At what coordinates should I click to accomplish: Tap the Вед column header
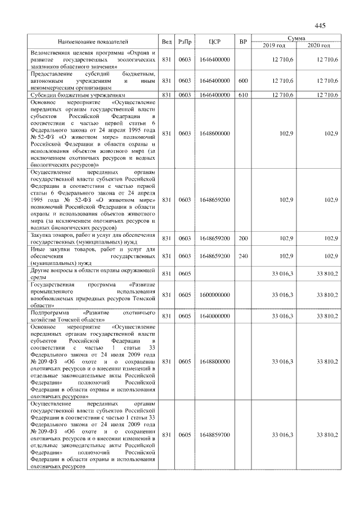pos(166,42)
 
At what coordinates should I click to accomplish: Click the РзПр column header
pos(184,42)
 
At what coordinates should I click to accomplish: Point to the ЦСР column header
pos(214,42)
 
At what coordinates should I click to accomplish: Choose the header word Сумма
pos(296,38)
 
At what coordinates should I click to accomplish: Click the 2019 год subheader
pos(274,45)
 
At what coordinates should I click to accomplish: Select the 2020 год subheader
pos(318,45)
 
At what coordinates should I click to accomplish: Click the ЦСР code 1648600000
pos(214,133)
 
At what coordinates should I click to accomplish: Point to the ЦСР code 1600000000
pos(214,295)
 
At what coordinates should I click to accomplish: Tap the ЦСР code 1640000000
pos(214,316)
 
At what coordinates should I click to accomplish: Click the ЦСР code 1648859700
pos(214,435)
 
